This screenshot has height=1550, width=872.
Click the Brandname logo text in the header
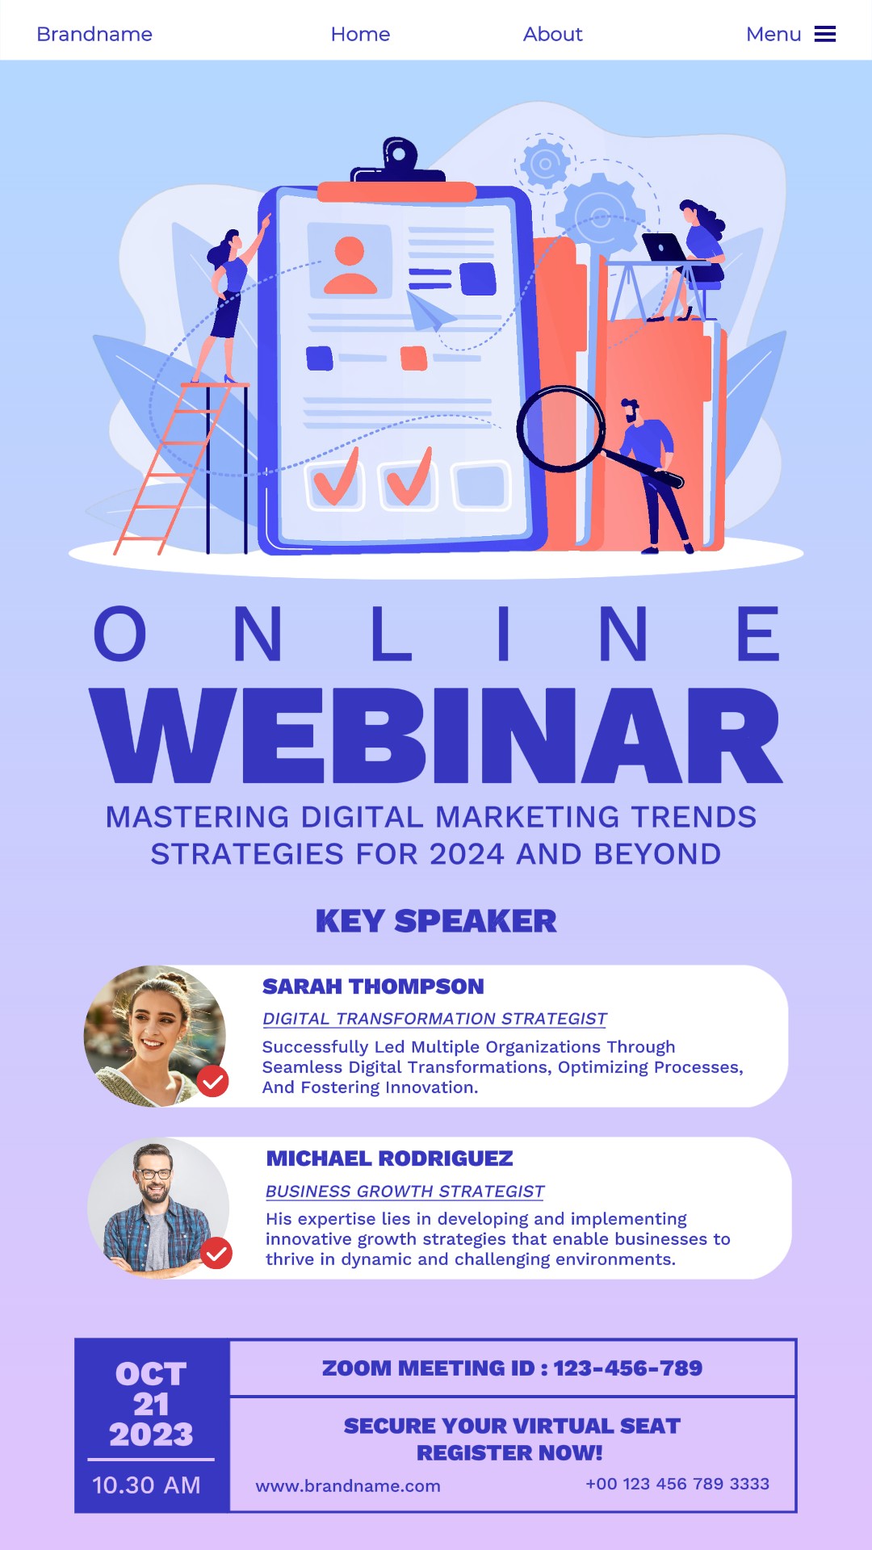pos(94,34)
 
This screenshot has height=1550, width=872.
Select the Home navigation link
pos(360,34)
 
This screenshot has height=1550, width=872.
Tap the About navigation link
pos(552,34)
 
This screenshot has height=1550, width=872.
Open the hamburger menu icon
pos(824,34)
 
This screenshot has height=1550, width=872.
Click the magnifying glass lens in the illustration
pos(560,429)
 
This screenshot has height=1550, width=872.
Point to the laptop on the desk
pos(662,247)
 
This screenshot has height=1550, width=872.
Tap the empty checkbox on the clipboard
pos(481,486)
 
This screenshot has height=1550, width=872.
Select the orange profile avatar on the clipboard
pos(350,265)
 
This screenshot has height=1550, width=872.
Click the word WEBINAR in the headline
pos(436,736)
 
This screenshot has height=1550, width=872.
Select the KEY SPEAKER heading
pos(436,921)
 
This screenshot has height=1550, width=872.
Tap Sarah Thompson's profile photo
pos(154,1036)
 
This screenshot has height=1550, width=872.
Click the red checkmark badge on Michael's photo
pos(216,1253)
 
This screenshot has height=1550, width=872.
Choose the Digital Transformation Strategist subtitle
pos(434,1019)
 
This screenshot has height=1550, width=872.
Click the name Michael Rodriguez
pos(389,1158)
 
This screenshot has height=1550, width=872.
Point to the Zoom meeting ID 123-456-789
pos(627,1368)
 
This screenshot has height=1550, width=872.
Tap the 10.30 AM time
pos(146,1485)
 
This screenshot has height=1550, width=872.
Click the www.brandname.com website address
pos(348,1486)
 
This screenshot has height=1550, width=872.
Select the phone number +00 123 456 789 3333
pos(677,1484)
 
